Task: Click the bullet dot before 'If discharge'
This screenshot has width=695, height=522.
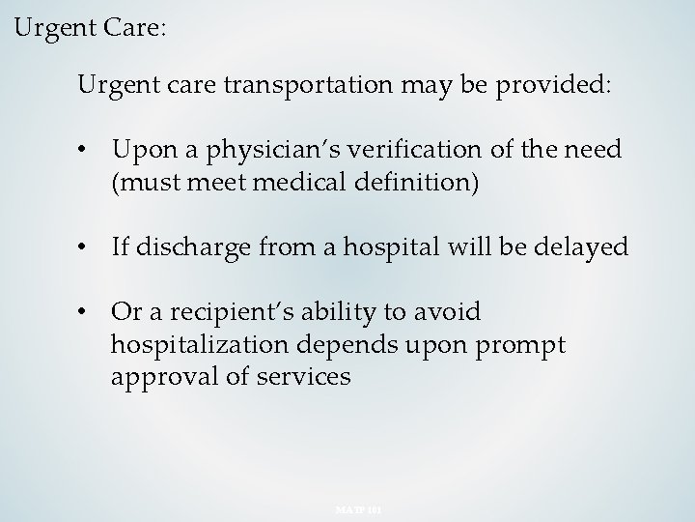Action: (87, 248)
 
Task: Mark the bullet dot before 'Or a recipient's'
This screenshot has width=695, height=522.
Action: (87, 313)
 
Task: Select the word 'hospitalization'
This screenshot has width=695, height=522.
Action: (192, 344)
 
